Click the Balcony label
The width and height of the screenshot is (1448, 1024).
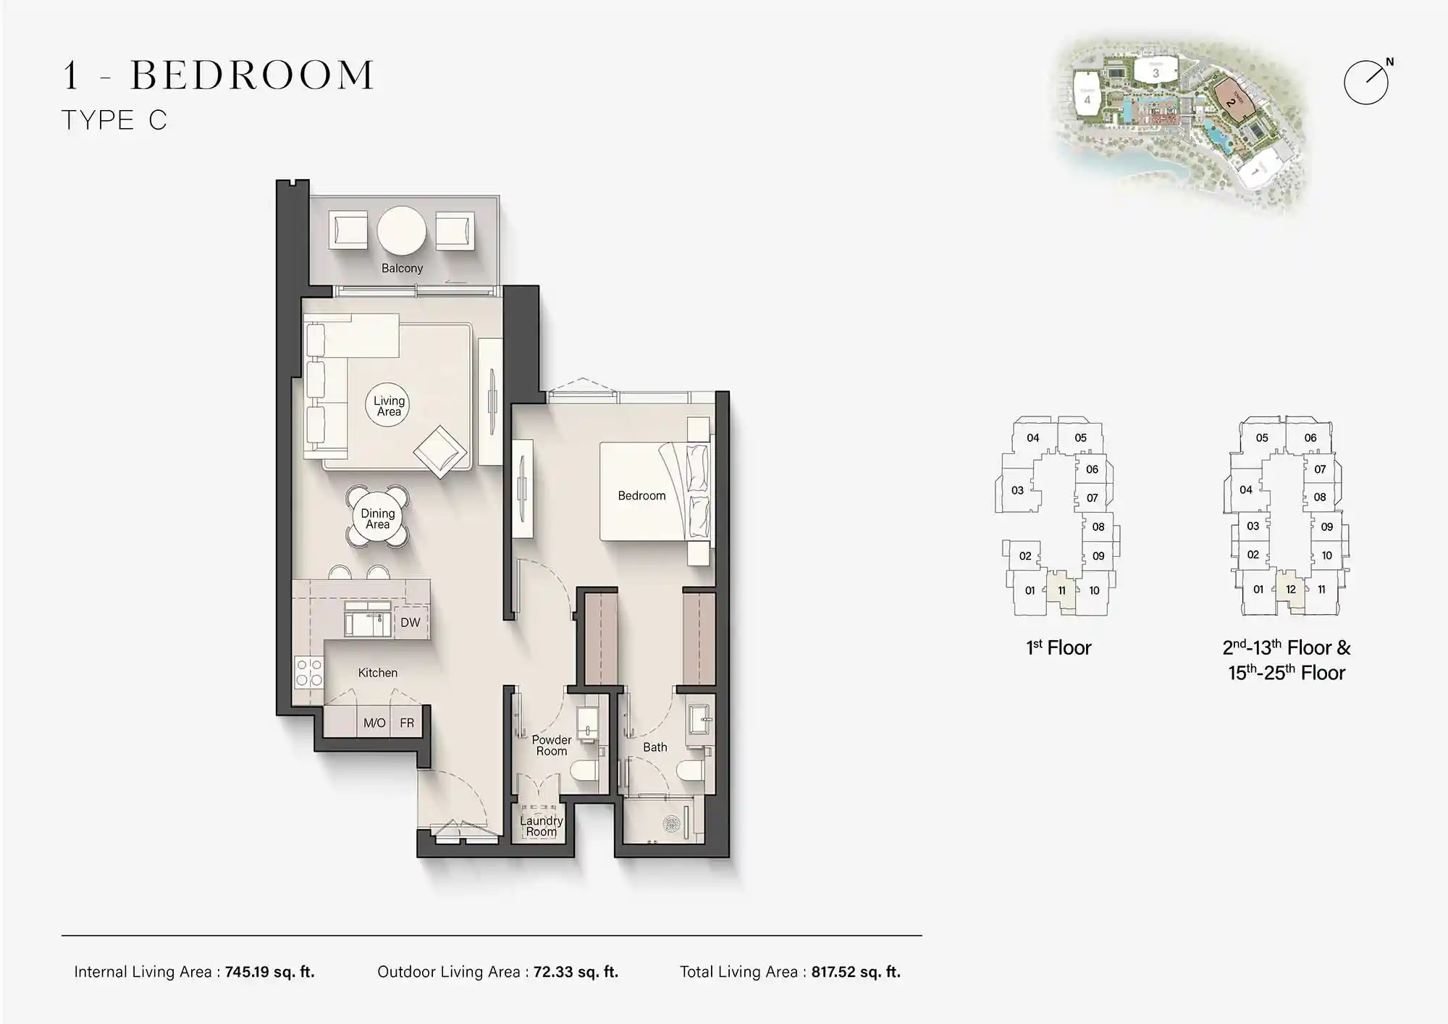[x=402, y=268]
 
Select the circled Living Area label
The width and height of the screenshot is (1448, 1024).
[x=389, y=406]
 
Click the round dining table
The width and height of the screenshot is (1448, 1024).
[x=377, y=519]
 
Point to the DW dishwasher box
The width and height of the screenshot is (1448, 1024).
[x=411, y=622]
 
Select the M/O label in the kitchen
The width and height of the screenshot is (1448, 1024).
[x=374, y=723]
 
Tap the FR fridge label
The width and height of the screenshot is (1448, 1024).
[x=407, y=723]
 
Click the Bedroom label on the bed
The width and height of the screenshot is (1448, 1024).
[x=641, y=495]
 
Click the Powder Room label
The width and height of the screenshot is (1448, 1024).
[x=552, y=745]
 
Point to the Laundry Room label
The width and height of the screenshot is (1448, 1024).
[x=541, y=826]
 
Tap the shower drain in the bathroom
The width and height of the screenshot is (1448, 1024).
[x=671, y=823]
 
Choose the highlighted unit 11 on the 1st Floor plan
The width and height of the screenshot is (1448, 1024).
[x=1061, y=590]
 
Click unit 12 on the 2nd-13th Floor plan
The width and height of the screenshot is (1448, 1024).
[x=1290, y=589]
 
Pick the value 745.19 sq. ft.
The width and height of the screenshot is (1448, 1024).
[x=269, y=972]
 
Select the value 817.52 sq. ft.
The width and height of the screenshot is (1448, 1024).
[x=856, y=972]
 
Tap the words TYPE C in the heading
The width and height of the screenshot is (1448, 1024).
[x=114, y=120]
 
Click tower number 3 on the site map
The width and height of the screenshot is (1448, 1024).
[x=1156, y=72]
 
